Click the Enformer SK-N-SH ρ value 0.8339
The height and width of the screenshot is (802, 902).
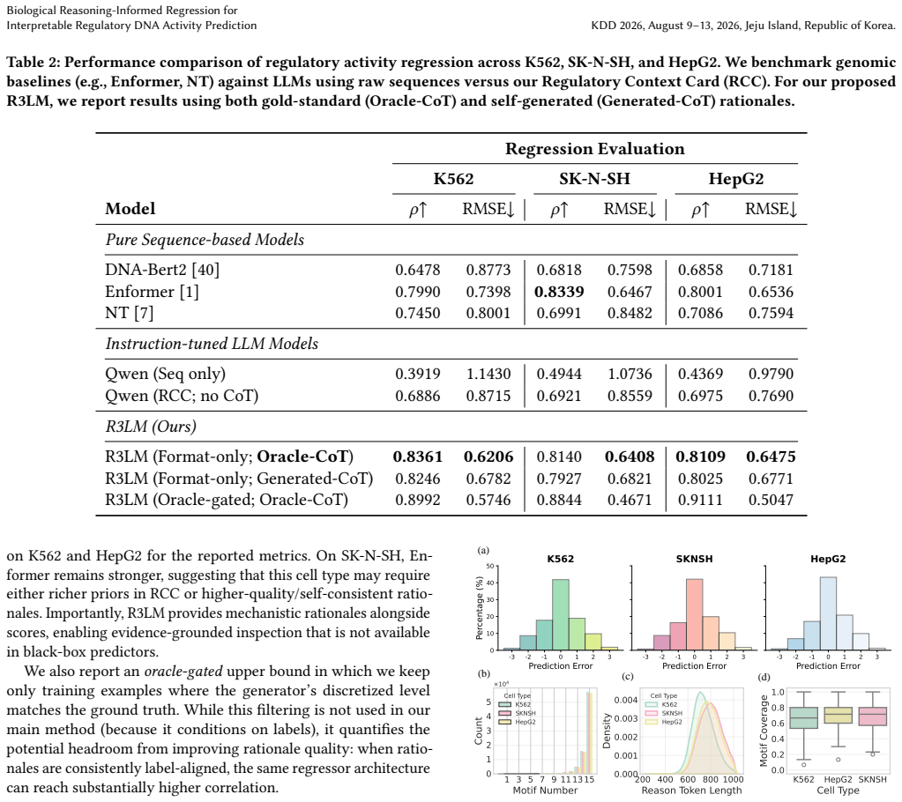click(x=559, y=292)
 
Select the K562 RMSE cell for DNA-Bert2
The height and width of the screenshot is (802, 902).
click(x=488, y=271)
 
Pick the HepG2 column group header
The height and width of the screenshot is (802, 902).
click(x=735, y=179)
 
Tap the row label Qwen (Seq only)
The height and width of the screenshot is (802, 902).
click(x=165, y=375)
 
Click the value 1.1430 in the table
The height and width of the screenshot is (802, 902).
click(x=488, y=375)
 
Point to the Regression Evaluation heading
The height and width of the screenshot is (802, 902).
click(x=595, y=149)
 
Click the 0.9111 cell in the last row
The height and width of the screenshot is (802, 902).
click(x=699, y=501)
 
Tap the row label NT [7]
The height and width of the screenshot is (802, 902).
click(x=129, y=314)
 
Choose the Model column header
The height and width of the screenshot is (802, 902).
click(x=130, y=209)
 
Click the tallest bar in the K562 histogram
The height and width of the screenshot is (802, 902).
click(x=561, y=615)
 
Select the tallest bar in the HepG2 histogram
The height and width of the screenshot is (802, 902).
click(x=828, y=614)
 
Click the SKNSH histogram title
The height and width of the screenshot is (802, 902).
click(x=694, y=559)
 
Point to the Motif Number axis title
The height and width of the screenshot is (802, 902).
click(x=545, y=791)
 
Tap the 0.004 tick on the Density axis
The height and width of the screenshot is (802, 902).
click(x=625, y=701)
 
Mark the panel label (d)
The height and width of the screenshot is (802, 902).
click(x=764, y=677)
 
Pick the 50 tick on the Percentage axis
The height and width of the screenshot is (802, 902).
click(x=490, y=567)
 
